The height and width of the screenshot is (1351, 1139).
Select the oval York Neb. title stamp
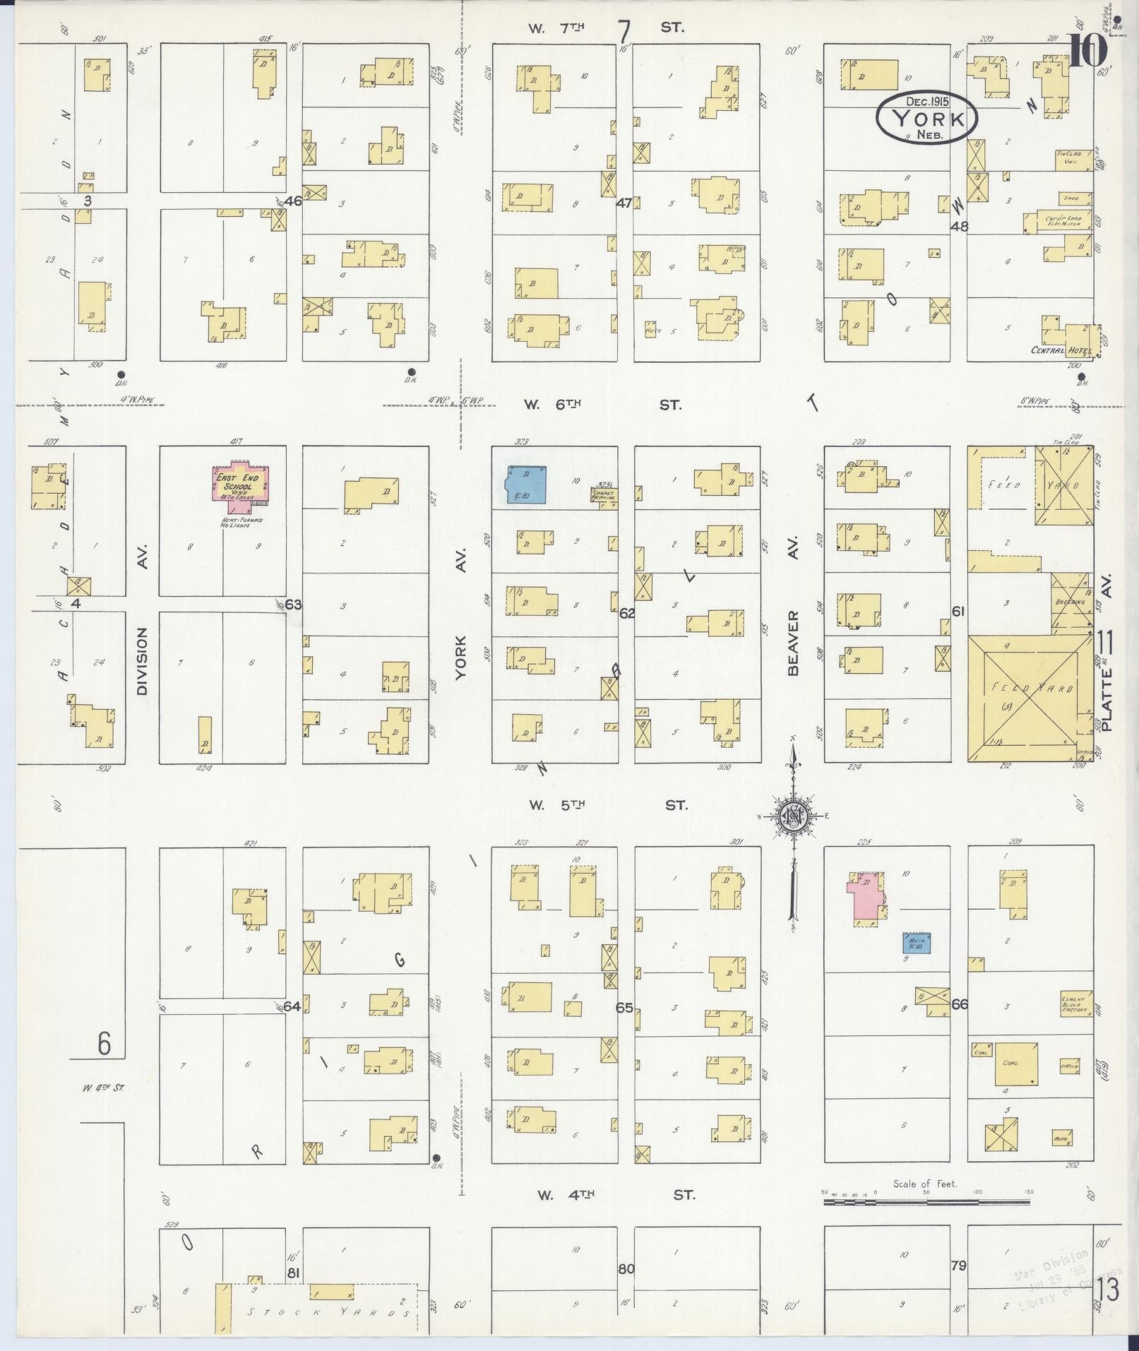tap(926, 117)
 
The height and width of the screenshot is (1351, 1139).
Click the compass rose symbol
tap(793, 818)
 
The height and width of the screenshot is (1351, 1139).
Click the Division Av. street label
tap(142, 661)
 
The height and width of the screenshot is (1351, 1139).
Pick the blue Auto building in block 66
tap(916, 943)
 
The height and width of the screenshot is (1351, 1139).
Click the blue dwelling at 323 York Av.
tap(527, 483)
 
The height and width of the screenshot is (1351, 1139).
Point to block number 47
tap(624, 203)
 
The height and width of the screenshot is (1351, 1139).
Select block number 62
tap(626, 613)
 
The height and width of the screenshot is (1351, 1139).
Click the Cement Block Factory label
tap(1075, 1005)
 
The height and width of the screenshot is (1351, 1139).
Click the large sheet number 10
tap(1086, 51)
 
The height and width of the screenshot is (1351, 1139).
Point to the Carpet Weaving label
tap(604, 495)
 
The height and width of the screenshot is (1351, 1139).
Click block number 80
tap(626, 1269)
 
